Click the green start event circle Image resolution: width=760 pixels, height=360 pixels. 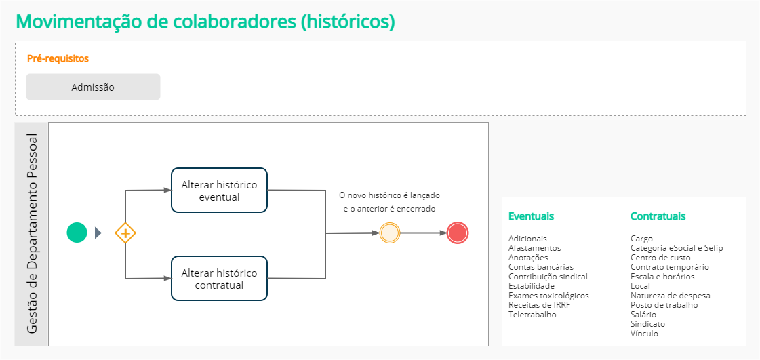tap(77, 233)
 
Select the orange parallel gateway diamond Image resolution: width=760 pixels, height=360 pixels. tap(125, 233)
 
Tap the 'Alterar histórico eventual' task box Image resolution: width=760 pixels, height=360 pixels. tap(219, 191)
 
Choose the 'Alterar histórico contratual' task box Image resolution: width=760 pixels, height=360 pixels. tap(219, 279)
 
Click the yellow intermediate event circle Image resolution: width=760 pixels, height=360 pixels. tap(390, 233)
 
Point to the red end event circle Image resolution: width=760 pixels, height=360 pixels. tap(458, 233)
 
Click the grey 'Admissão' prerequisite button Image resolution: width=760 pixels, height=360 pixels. tap(93, 87)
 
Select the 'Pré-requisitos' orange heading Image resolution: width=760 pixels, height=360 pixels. tap(58, 58)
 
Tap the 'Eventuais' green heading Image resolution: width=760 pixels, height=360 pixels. tap(531, 216)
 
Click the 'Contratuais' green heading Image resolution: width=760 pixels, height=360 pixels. tap(658, 216)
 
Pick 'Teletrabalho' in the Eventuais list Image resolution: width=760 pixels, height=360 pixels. tap(532, 315)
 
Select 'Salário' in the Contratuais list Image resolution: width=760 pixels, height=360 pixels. tap(643, 315)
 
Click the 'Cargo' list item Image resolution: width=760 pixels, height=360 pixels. tap(641, 239)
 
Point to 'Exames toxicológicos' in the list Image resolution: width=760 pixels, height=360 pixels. tap(548, 296)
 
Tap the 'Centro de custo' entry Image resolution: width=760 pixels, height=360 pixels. tap(660, 258)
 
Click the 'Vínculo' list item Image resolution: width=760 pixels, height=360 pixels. tap(644, 334)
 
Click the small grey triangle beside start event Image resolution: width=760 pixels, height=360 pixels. tap(98, 233)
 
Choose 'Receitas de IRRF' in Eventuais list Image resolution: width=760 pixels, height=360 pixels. tap(540, 305)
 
